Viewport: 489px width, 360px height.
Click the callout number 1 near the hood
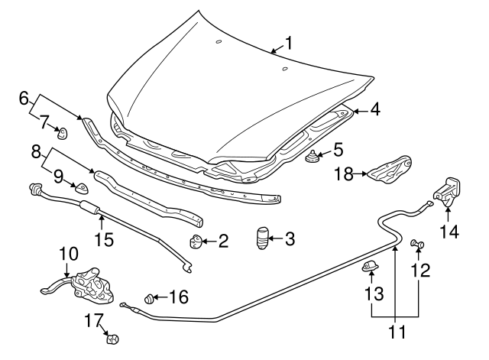point(288,43)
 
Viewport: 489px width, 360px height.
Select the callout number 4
point(374,109)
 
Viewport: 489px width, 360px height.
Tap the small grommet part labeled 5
point(313,158)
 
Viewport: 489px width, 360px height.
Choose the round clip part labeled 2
point(196,242)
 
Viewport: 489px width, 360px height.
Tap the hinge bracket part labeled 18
point(390,170)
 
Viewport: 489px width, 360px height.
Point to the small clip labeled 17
point(115,338)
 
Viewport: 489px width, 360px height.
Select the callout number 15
point(103,239)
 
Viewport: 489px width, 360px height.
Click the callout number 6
point(24,98)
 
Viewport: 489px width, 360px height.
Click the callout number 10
point(68,253)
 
